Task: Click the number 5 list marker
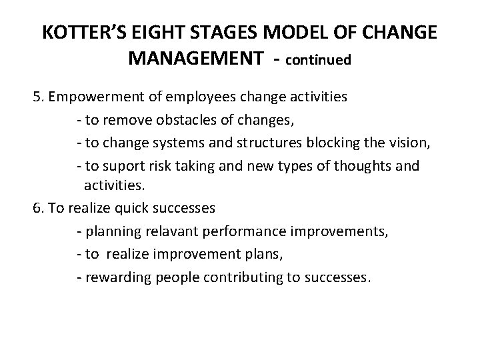pyautogui.click(x=38, y=97)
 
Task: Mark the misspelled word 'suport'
pyautogui.click(x=118, y=165)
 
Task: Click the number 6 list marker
pyautogui.click(x=38, y=208)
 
